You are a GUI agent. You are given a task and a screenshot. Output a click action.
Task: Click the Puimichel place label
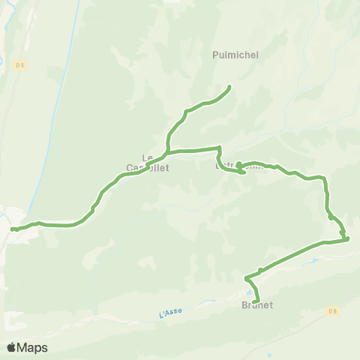pos(231,55)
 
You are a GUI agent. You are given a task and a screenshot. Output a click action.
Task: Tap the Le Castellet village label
pos(148,163)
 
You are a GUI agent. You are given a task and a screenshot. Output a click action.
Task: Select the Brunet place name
pos(257,305)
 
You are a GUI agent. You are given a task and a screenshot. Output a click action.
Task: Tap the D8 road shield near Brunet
pos(331,310)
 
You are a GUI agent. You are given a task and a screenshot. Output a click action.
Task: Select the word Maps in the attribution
pos(32,347)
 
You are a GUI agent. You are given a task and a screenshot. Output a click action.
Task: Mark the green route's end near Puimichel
pos(228,88)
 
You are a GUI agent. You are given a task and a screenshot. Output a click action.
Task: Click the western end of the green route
pos(13,229)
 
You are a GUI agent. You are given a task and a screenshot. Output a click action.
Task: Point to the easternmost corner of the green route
pos(348,239)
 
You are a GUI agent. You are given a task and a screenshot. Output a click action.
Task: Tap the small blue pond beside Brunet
pos(248,293)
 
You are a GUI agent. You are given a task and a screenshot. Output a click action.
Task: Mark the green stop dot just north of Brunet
pos(260,270)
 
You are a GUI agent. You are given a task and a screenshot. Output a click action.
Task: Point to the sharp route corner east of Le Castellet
pos(218,148)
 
